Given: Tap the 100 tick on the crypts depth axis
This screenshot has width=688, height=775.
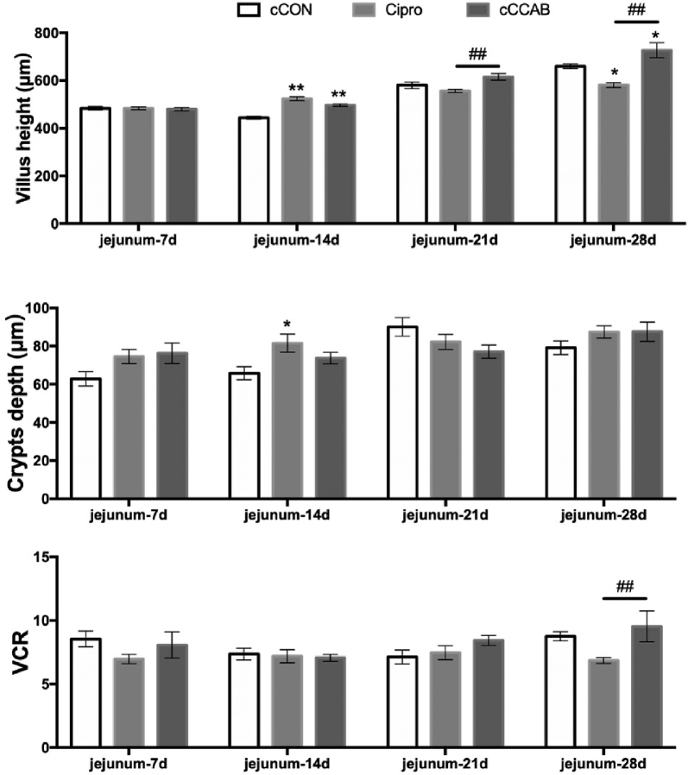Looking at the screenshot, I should pos(49,308).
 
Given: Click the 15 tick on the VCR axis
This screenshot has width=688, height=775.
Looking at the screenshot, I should pos(55,557).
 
